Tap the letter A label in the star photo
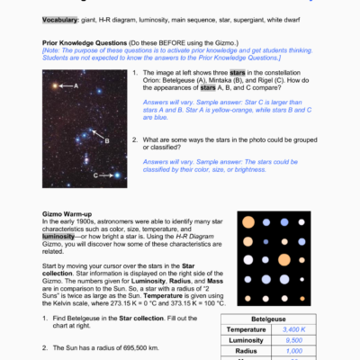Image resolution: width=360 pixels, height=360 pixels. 76,85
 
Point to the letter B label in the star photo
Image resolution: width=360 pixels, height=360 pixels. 106,141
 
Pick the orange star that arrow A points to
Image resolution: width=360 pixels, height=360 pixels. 54,85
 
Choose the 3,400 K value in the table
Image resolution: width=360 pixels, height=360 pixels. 294,330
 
